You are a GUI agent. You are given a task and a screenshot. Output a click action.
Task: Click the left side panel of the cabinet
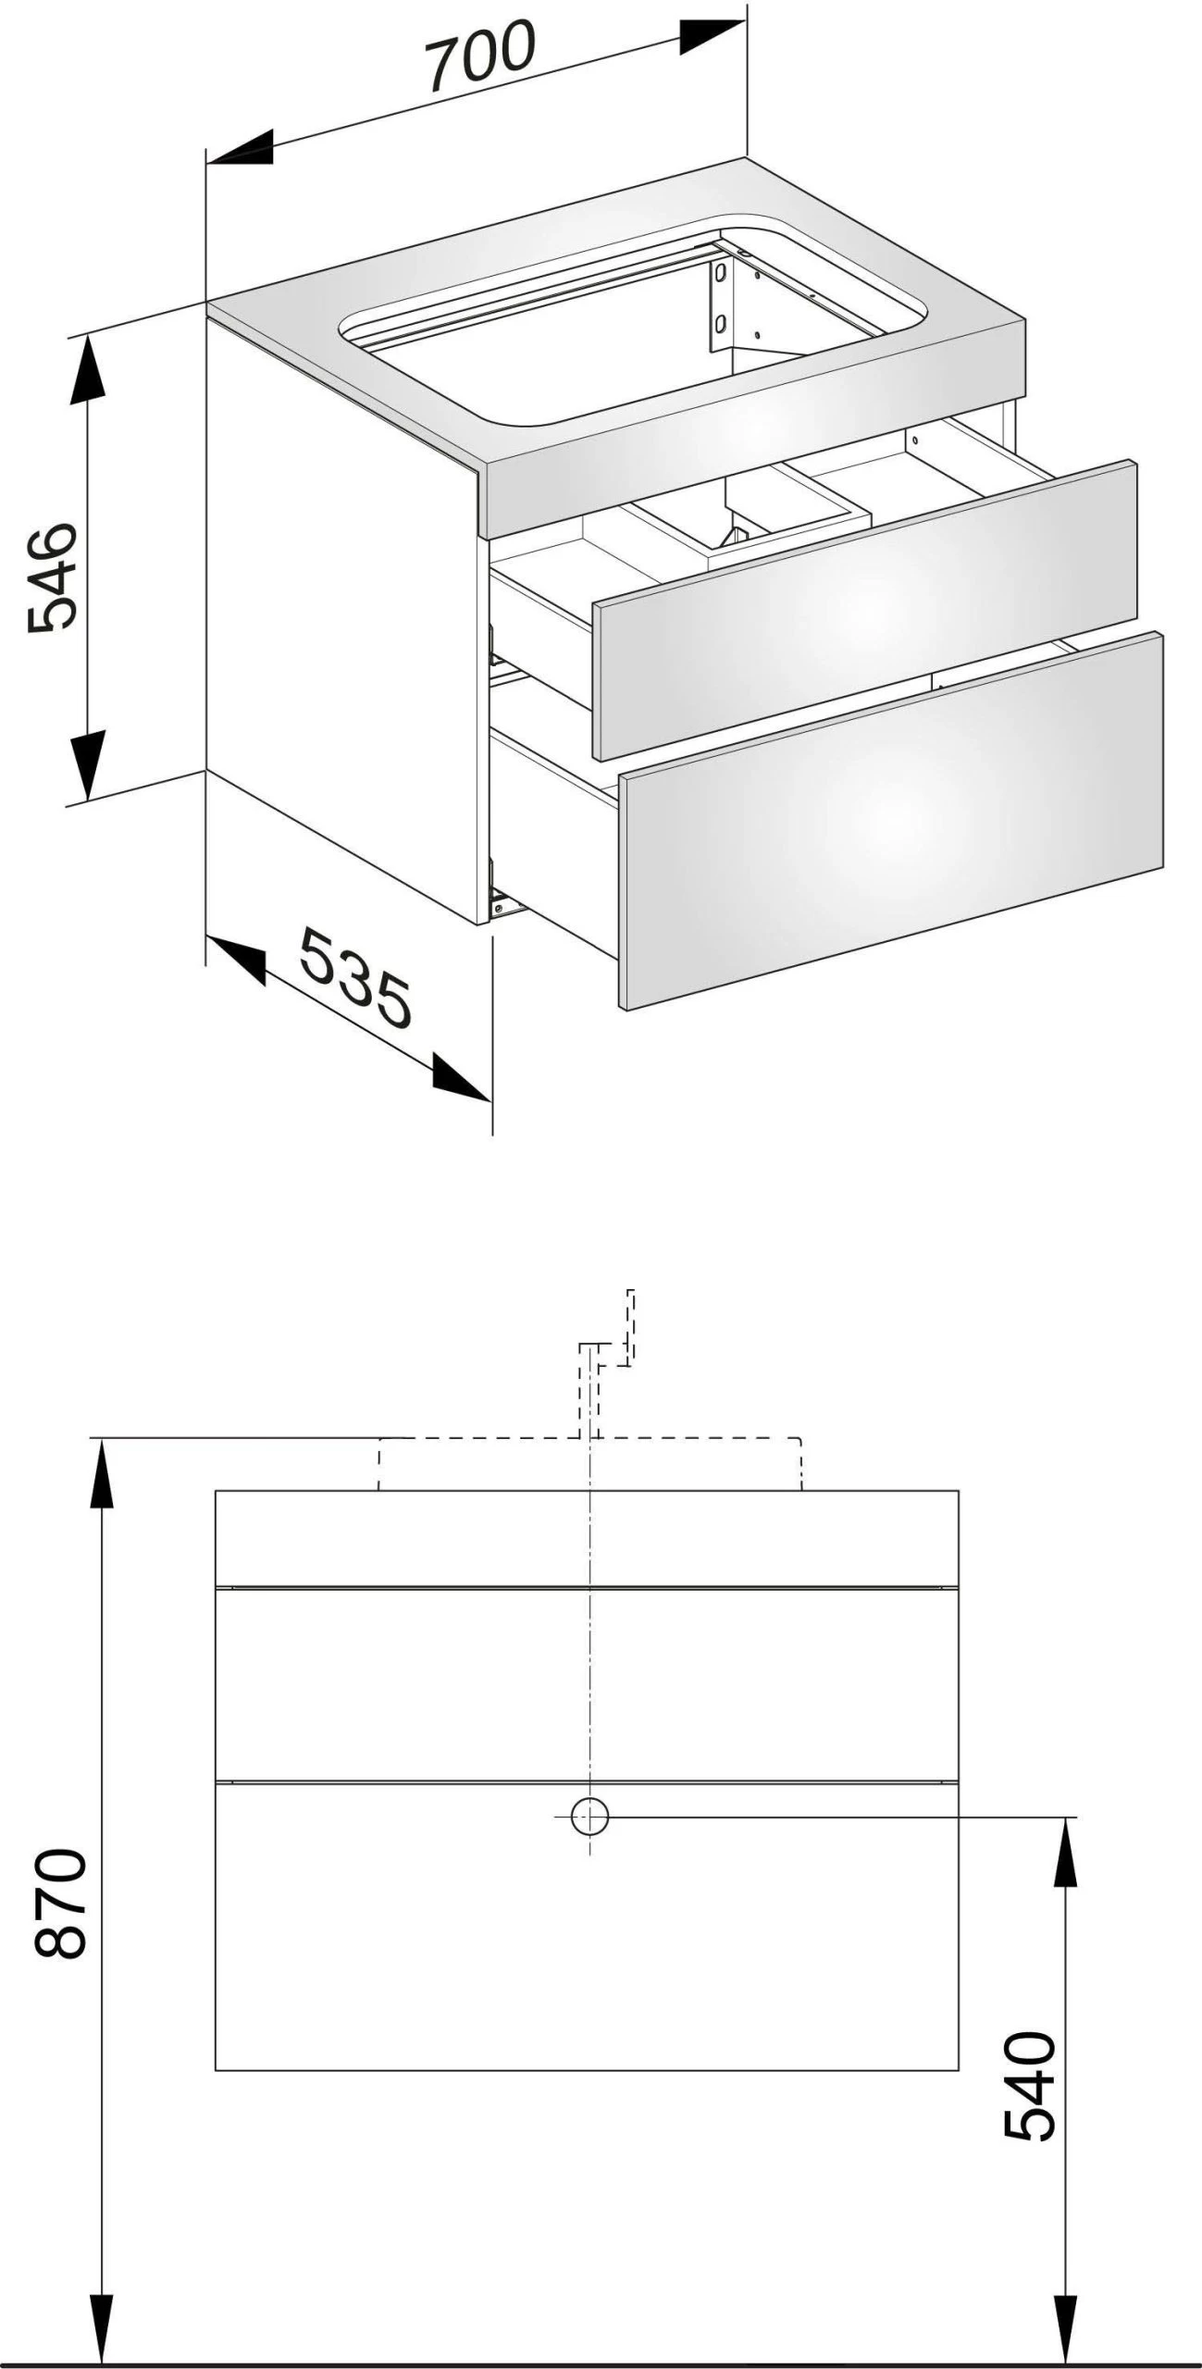(x=338, y=611)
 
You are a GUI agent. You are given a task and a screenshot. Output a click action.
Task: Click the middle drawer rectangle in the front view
(x=587, y=1684)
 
